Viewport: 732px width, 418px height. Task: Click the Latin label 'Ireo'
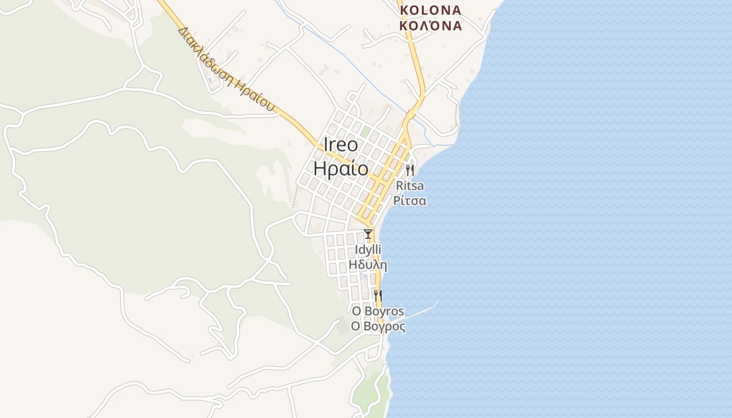(x=341, y=145)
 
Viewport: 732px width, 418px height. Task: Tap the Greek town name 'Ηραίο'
(x=341, y=169)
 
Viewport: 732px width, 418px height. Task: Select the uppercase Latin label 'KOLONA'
(x=430, y=10)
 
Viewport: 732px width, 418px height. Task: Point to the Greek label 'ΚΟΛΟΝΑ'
(x=430, y=25)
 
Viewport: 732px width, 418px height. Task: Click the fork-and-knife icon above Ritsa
(x=410, y=170)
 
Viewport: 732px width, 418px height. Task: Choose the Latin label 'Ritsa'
(x=410, y=185)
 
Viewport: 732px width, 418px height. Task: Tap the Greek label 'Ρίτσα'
(x=410, y=201)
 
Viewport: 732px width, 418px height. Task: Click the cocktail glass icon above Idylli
(x=368, y=234)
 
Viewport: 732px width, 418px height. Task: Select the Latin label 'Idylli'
(x=368, y=249)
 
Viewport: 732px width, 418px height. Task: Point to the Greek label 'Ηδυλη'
(x=368, y=265)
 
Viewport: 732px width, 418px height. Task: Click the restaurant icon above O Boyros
(x=378, y=296)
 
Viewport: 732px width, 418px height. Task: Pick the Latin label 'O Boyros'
(x=378, y=311)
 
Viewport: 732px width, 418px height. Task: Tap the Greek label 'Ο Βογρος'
(x=378, y=327)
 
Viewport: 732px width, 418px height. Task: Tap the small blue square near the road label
(x=210, y=80)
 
